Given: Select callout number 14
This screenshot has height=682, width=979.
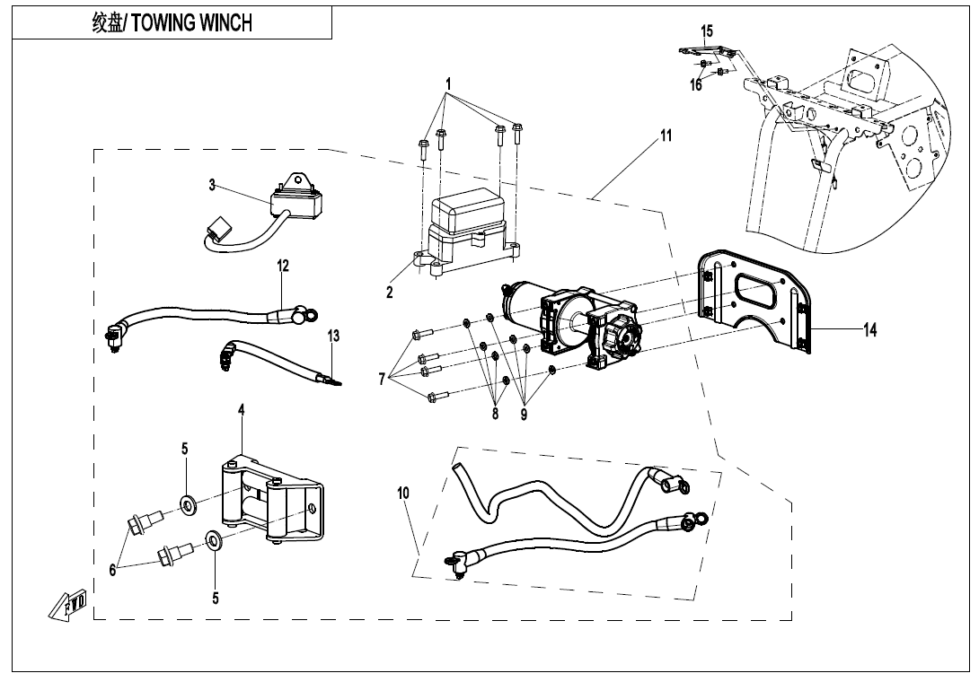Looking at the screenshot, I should pyautogui.click(x=869, y=330).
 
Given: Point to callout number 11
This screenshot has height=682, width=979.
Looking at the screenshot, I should pyautogui.click(x=666, y=136).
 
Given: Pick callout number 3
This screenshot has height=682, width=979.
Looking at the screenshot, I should pyautogui.click(x=212, y=186).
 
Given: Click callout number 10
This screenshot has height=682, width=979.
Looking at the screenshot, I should pyautogui.click(x=403, y=493).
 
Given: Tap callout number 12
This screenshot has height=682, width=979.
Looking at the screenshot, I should pyautogui.click(x=283, y=266).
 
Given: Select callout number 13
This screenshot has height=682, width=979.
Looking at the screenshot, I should pyautogui.click(x=333, y=337).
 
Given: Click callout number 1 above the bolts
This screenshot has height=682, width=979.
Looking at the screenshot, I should pyautogui.click(x=448, y=83).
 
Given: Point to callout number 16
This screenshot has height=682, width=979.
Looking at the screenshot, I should pyautogui.click(x=696, y=85).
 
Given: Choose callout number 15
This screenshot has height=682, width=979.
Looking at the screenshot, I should pyautogui.click(x=707, y=31).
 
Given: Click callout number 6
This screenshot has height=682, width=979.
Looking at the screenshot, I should pyautogui.click(x=113, y=570).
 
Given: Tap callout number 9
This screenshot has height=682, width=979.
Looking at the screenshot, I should pyautogui.click(x=523, y=415).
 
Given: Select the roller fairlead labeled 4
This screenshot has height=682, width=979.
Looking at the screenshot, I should pyautogui.click(x=274, y=503).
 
